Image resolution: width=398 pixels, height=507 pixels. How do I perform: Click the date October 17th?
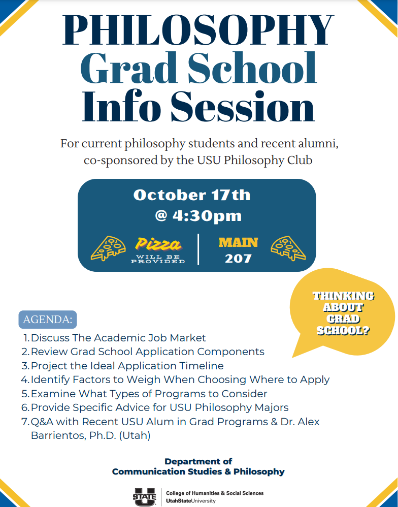192,195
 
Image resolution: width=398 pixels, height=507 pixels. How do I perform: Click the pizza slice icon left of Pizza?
108,248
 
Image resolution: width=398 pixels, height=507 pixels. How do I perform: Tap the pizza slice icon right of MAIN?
288,248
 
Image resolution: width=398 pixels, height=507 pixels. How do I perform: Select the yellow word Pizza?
158,245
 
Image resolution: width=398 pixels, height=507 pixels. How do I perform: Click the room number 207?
238,259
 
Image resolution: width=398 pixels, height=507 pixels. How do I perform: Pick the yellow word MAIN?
238,242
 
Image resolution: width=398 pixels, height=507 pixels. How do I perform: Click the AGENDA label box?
48,320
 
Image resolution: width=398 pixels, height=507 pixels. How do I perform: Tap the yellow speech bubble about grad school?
343,314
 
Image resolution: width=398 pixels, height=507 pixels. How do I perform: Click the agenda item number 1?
26,338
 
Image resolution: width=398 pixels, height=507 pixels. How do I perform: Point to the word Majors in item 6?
270,407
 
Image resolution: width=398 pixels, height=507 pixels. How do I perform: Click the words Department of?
198,461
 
